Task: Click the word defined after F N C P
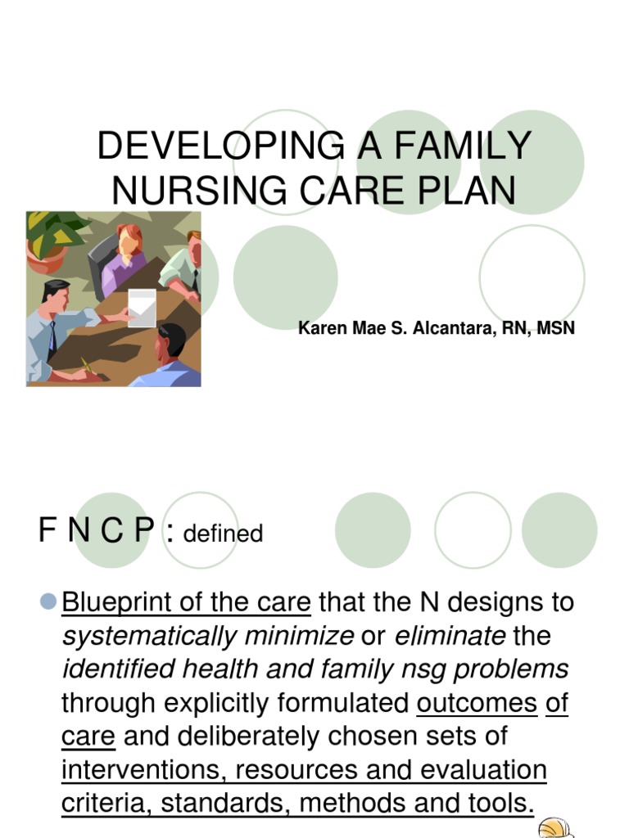click(x=223, y=534)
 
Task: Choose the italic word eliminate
click(x=450, y=637)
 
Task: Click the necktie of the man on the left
click(x=52, y=336)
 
